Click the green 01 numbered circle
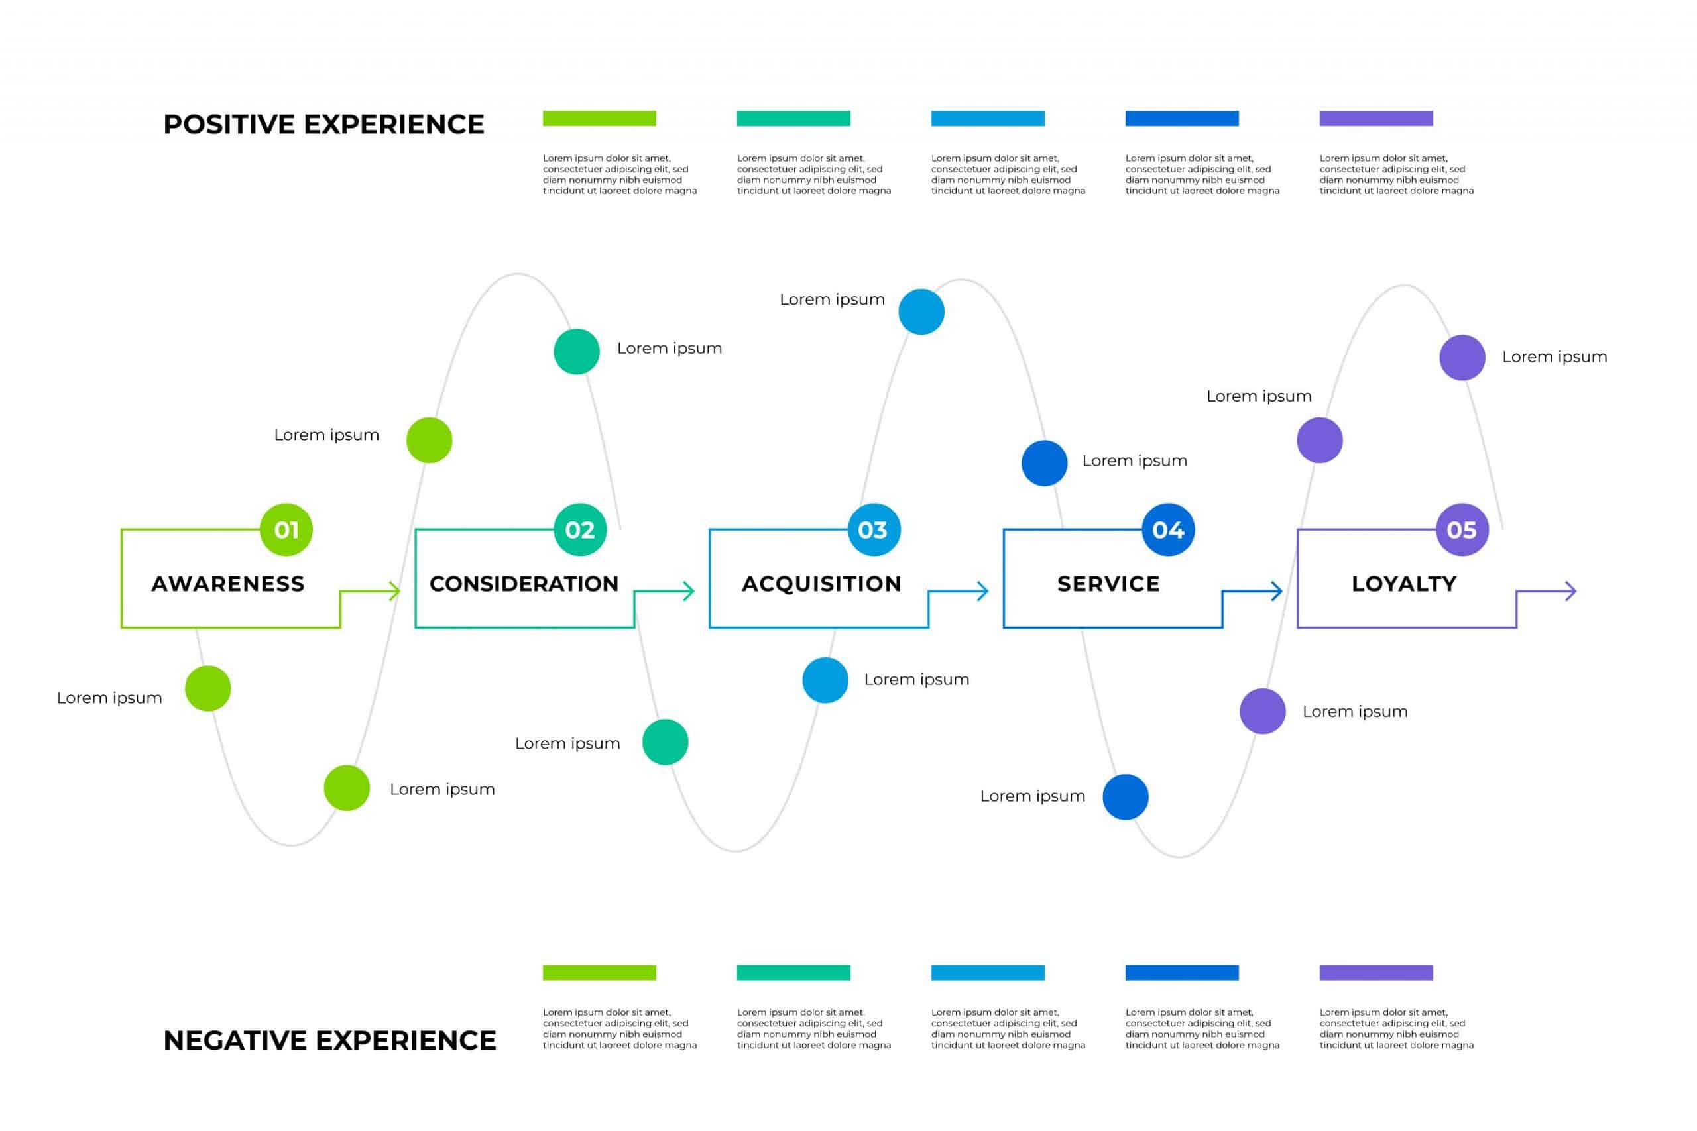(286, 529)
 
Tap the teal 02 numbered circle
(580, 529)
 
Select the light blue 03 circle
(874, 529)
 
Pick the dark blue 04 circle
(1168, 529)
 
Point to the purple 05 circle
(1462, 529)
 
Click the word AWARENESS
(228, 584)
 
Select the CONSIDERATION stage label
(524, 584)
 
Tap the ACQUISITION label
(822, 584)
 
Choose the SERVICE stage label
(1108, 584)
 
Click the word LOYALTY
(1404, 584)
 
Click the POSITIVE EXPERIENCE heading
(324, 124)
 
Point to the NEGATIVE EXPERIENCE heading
(329, 1040)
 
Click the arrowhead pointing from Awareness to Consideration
(394, 592)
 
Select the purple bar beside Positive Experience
(1376, 119)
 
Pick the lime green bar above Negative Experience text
(599, 972)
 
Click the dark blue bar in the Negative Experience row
(1182, 972)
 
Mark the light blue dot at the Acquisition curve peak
(921, 311)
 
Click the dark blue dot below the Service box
(1126, 797)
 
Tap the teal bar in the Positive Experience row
(793, 119)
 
